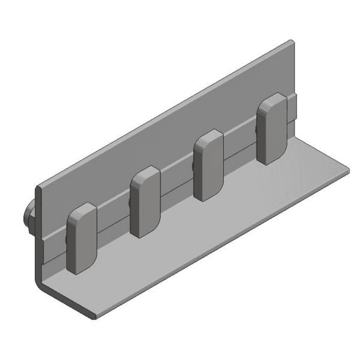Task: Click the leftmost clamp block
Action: pyautogui.click(x=81, y=240)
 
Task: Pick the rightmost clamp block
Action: pyautogui.click(x=271, y=128)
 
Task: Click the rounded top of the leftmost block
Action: pyautogui.click(x=82, y=209)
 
